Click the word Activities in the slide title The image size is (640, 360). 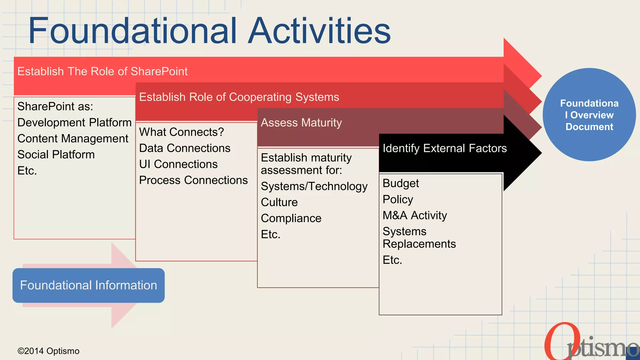coord(319,31)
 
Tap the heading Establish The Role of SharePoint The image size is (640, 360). coord(102,72)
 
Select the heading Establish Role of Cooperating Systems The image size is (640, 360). coord(239,97)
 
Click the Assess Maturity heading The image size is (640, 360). coord(301,123)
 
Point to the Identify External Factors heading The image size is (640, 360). coord(444,148)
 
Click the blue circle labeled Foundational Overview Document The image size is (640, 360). coord(589,115)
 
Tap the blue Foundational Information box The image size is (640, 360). coord(88,285)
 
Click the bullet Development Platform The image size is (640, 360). coord(74,122)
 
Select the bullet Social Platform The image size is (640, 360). coord(56,155)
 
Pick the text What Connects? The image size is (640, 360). coord(181,132)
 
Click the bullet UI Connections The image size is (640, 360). coord(178,164)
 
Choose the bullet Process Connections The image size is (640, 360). coord(193,180)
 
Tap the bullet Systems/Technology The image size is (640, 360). coord(314,186)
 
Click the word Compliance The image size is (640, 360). coord(291,218)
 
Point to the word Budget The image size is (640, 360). coord(401,183)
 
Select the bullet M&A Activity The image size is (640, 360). coord(415,216)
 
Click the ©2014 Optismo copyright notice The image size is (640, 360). coord(48,351)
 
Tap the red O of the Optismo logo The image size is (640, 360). coord(558,342)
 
